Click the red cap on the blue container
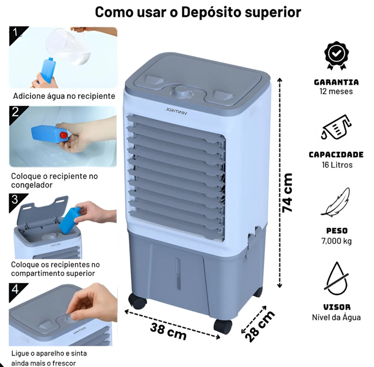click(x=63, y=135)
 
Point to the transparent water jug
click(x=68, y=46)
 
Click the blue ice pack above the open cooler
click(x=70, y=220)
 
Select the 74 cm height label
click(x=287, y=192)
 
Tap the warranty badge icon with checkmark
click(x=336, y=55)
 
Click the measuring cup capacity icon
click(x=336, y=127)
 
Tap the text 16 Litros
click(x=337, y=165)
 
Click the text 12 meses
click(x=336, y=92)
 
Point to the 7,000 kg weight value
click(x=337, y=241)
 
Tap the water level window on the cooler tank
click(x=178, y=274)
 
